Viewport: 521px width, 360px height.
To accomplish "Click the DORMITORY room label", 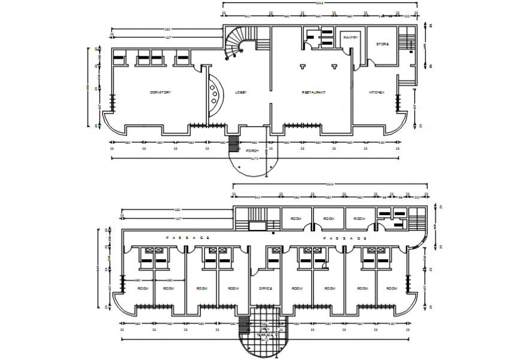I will pos(160,92).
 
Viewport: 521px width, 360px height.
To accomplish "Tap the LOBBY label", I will pos(241,92).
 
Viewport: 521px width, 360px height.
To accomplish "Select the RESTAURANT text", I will pos(313,92).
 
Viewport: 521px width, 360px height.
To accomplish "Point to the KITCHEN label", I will pos(377,92).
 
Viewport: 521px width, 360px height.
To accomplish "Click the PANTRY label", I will pos(350,38).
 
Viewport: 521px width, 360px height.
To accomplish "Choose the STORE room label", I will pos(382,44).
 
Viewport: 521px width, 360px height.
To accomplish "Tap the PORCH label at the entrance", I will pos(252,151).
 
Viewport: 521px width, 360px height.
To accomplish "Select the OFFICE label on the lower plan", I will pos(265,289).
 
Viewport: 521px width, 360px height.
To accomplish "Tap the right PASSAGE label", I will pos(345,238).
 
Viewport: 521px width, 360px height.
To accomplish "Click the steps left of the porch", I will pos(233,144).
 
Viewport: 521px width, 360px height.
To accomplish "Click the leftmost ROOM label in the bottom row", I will pos(143,289).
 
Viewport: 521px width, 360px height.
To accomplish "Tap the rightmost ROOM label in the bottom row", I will pos(391,289).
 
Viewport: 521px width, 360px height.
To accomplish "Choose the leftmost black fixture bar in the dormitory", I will pos(119,58).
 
